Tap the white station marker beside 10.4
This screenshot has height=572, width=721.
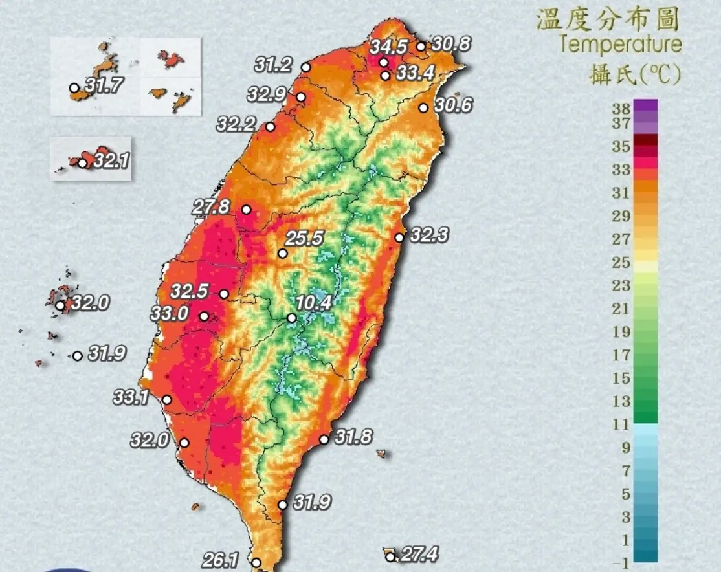tap(292, 318)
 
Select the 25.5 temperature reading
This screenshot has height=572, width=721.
tap(304, 239)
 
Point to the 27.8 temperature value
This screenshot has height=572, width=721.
tap(211, 207)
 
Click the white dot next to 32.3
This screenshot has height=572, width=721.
tap(399, 237)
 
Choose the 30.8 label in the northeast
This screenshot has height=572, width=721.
tap(451, 45)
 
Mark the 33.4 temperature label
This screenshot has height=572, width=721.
tap(415, 73)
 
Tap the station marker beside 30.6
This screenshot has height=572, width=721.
tap(423, 108)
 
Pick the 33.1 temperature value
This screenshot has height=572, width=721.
tap(132, 397)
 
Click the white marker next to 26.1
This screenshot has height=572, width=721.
tap(256, 563)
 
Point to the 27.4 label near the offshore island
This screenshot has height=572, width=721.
tap(419, 555)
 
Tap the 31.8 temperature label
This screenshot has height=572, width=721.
tap(353, 437)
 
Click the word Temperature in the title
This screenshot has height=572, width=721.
tap(620, 45)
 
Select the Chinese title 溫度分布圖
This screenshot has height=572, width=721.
tap(608, 19)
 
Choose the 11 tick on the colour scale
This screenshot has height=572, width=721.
tap(621, 424)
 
